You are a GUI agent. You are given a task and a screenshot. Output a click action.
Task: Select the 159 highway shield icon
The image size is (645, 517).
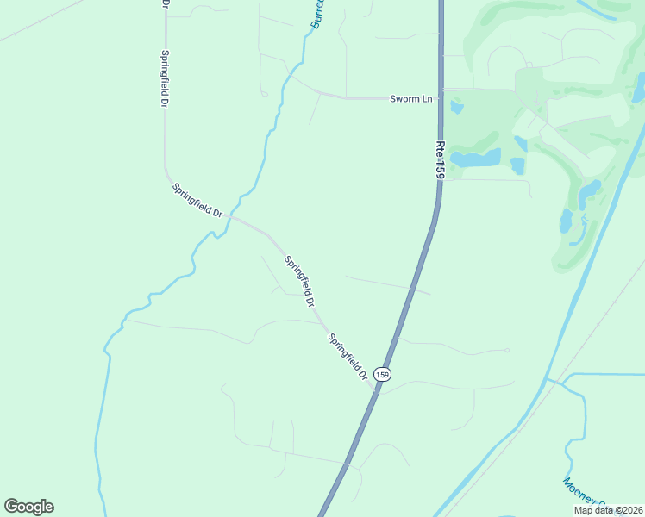pos(383,374)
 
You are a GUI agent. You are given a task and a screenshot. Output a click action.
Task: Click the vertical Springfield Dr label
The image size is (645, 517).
pos(164,78)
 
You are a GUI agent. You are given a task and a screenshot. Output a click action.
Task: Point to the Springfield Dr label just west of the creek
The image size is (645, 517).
pos(197,199)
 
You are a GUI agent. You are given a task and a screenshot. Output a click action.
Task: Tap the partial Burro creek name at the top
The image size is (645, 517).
pos(317,14)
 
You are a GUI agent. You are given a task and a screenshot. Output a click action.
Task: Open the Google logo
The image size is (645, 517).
pos(28,507)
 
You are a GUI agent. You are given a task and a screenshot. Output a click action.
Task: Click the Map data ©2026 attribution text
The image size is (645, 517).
pos(609,510)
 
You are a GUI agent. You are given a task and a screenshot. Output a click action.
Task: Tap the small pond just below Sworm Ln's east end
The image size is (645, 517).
pos(456,108)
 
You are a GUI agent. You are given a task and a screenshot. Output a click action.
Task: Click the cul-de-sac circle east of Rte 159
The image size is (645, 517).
pos(507,350)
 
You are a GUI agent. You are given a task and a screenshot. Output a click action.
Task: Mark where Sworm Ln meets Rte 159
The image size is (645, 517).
pos(440,98)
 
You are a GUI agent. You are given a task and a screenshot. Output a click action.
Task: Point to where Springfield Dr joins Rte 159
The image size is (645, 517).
pos(377,389)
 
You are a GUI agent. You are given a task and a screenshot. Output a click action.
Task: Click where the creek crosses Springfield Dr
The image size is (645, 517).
pos(231,217)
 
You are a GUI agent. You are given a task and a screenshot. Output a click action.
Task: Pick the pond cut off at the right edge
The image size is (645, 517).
pos(640,86)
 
